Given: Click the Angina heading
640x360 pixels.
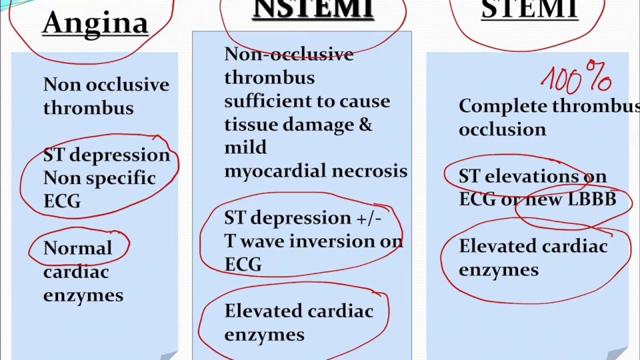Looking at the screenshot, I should [95, 23].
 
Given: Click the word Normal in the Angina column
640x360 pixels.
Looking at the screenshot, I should [77, 248].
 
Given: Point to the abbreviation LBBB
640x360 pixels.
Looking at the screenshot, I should [592, 199].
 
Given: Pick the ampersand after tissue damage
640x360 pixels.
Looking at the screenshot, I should [365, 124].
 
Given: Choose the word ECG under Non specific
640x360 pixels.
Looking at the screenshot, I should [62, 201].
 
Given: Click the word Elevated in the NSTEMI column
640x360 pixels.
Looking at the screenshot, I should [263, 311].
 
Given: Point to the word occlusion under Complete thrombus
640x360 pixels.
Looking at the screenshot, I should [502, 130].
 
